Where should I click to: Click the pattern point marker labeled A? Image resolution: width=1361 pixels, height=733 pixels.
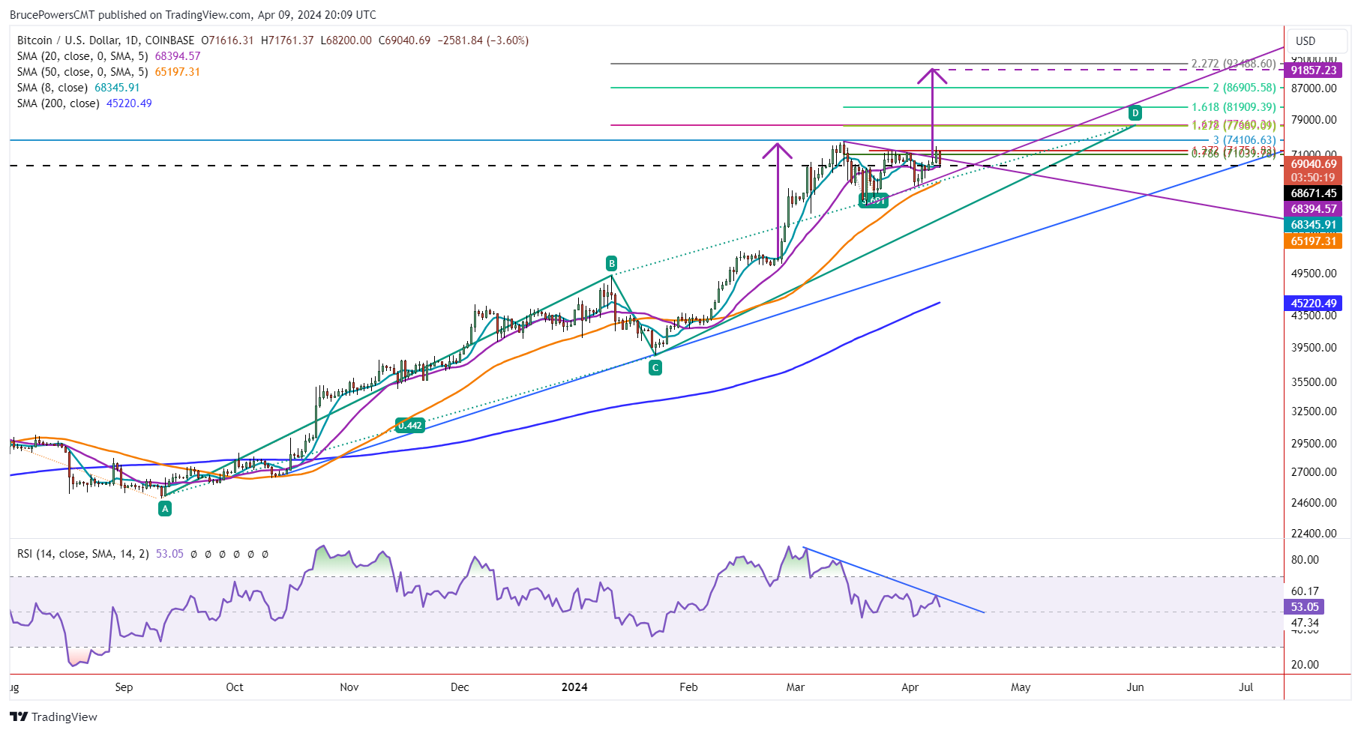point(165,508)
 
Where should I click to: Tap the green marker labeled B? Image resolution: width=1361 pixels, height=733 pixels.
point(612,263)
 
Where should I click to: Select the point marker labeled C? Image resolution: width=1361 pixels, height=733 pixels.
point(655,367)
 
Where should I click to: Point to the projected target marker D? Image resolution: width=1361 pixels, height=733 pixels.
point(1135,113)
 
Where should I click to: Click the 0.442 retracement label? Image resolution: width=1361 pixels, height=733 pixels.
point(410,425)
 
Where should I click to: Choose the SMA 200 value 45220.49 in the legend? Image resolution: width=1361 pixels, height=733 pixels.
point(129,103)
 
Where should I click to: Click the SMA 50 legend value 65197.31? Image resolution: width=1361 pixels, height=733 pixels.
point(177,72)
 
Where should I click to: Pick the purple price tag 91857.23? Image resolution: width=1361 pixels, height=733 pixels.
point(1313,70)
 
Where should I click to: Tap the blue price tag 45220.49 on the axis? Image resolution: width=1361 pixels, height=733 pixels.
point(1313,304)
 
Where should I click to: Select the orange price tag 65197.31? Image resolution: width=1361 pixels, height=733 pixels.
point(1313,241)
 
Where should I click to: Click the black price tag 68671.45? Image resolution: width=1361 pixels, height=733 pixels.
point(1313,193)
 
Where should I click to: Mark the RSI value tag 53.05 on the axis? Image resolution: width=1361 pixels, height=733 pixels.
point(1305,607)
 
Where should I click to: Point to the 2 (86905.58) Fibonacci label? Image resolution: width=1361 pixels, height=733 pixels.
point(1244,88)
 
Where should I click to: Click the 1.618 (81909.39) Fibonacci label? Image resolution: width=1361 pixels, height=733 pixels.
point(1234,107)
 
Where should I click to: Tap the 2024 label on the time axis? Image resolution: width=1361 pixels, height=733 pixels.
point(575,687)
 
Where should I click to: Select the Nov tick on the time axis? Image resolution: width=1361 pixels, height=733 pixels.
point(349,687)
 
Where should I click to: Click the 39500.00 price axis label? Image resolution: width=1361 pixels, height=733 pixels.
point(1313,348)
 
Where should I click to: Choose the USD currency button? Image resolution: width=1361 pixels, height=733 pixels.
point(1306,41)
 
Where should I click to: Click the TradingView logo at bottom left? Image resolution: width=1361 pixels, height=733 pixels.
point(54,717)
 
